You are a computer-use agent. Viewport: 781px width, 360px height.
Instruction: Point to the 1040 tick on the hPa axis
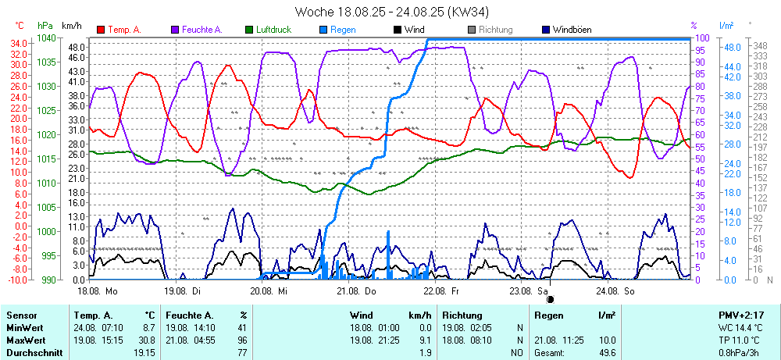pyautogui.click(x=47, y=37)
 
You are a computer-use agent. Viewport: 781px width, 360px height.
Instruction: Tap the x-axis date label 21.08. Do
pyautogui.click(x=357, y=290)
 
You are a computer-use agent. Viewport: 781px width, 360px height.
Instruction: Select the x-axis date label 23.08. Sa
pyautogui.click(x=529, y=290)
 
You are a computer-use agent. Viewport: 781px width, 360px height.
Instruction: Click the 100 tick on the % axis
pyautogui.click(x=702, y=37)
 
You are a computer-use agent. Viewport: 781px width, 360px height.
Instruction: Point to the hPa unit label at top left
pyautogui.click(x=45, y=26)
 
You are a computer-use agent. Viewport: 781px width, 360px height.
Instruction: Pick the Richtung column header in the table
pyautogui.click(x=462, y=315)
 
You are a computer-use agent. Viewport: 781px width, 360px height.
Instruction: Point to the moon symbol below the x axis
pyautogui.click(x=550, y=298)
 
